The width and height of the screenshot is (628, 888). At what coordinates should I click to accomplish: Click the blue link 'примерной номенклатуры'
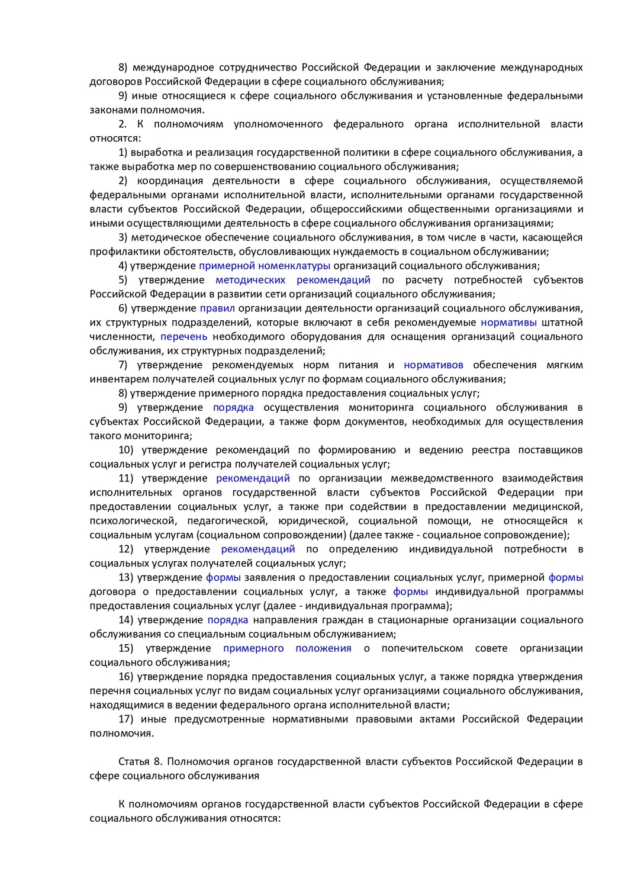264,266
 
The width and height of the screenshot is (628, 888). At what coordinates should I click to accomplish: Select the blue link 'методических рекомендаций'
292,280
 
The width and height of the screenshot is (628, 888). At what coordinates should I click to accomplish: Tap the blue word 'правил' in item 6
217,308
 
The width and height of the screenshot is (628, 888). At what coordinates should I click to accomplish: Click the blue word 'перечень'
183,337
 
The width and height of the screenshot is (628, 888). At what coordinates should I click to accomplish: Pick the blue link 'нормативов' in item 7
433,365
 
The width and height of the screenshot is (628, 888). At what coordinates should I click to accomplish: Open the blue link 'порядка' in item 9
233,408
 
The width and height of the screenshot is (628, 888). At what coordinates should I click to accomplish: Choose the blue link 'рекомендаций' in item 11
253,478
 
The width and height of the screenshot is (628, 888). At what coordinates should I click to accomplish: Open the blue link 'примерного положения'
287,648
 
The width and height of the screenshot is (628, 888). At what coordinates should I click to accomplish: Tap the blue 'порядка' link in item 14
227,620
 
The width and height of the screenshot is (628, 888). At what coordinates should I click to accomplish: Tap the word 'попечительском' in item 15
422,648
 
